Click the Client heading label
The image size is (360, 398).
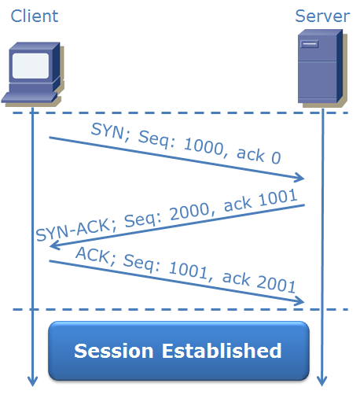[35, 16]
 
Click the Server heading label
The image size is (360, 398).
[322, 17]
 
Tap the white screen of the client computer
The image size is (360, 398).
[31, 65]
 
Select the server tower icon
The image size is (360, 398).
[322, 68]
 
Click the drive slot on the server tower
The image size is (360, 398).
[310, 44]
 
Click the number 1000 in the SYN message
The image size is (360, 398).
[204, 147]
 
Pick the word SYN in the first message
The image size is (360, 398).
[107, 131]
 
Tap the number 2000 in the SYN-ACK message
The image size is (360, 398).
[190, 211]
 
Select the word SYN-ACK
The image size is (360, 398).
[72, 230]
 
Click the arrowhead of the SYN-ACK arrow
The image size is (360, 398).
[55, 245]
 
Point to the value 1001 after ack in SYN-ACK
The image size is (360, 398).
[278, 197]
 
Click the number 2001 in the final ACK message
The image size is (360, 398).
[276, 283]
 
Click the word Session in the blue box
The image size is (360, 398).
[114, 351]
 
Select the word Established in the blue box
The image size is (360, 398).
[222, 350]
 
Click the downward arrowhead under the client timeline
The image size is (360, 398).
[32, 381]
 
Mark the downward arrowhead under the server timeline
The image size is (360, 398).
[321, 381]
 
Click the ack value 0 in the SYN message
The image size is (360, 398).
[276, 157]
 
